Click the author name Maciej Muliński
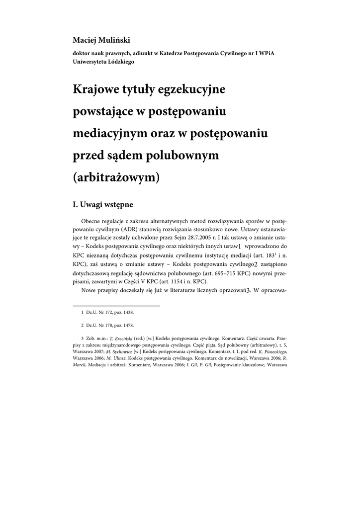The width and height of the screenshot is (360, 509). (x=101, y=40)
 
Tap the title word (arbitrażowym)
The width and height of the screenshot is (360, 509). (x=116, y=177)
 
